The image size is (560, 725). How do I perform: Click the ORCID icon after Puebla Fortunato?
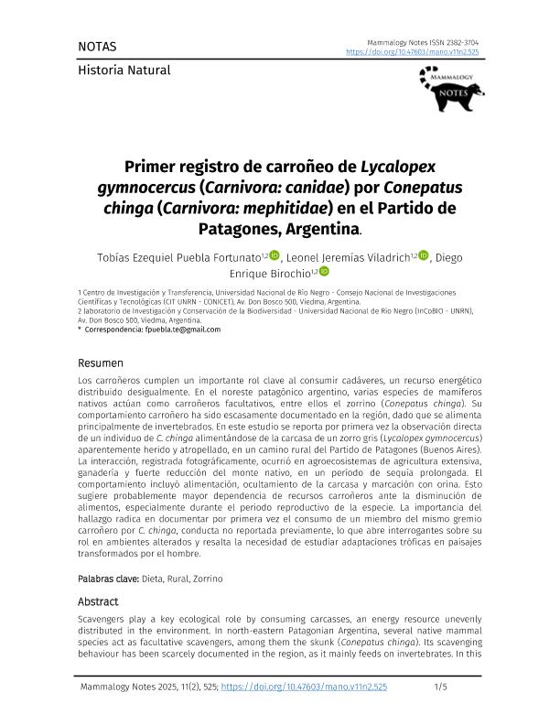(x=274, y=255)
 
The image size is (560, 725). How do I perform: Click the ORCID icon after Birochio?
(x=323, y=272)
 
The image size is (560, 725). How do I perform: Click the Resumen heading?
(x=102, y=362)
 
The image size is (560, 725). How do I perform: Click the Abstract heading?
(x=98, y=601)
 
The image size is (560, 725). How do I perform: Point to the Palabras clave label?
(x=108, y=579)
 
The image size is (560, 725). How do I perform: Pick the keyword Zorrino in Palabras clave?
(x=206, y=579)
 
